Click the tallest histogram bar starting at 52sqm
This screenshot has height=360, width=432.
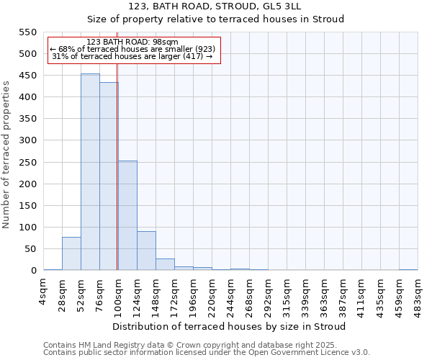point(90,172)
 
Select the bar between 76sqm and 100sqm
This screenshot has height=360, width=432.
point(109,176)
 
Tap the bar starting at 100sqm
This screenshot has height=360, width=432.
point(127,216)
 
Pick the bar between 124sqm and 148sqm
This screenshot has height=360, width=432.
point(146,251)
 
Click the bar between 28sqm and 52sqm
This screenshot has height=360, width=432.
point(71,254)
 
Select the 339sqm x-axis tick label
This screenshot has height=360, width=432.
point(306,294)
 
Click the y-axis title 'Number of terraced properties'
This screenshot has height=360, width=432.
point(6,155)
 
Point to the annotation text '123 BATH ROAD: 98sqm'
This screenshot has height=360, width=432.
point(132,42)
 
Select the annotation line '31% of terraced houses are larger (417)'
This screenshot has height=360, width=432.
point(132,56)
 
